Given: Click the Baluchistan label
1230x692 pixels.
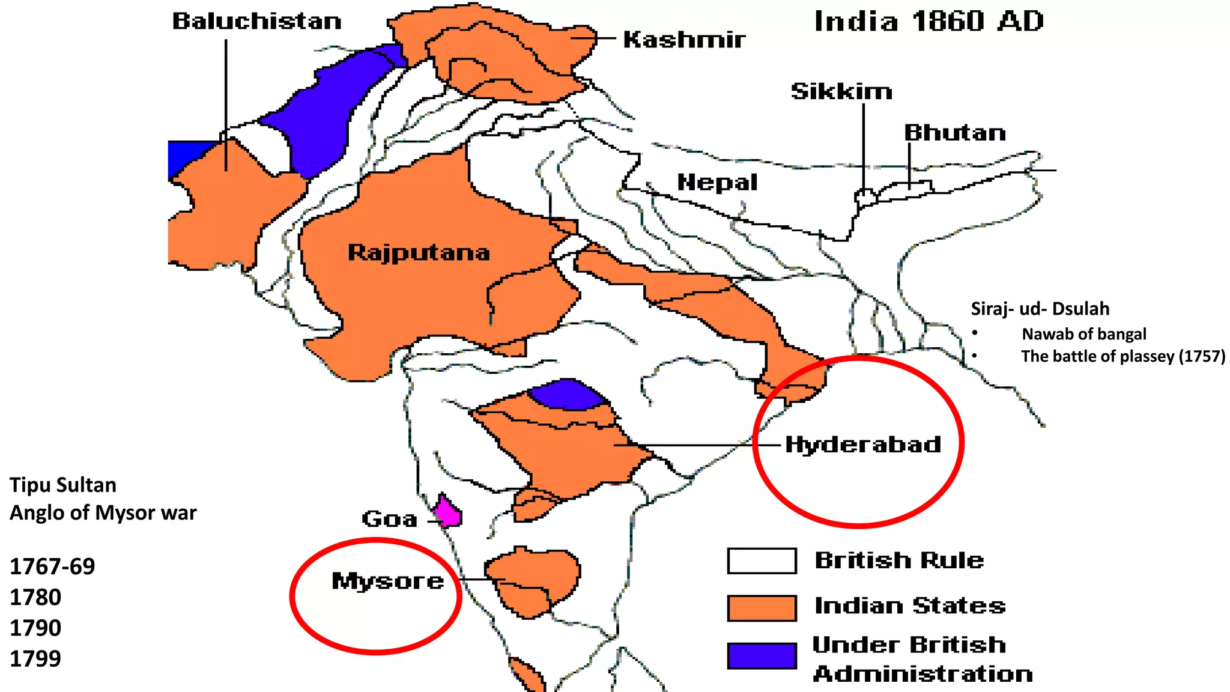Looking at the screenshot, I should (257, 22).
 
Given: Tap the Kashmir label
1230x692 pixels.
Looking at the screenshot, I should (684, 40).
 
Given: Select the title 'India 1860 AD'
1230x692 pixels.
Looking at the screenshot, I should (929, 22).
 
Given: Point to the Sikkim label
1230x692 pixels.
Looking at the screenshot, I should (841, 91).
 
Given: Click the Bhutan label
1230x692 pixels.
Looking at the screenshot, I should (955, 133).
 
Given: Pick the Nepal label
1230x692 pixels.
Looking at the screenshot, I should (717, 182).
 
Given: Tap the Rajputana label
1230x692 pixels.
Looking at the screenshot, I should (419, 252).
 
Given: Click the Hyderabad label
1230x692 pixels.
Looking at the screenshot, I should (863, 445).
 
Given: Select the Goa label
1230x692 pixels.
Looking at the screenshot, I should (389, 519).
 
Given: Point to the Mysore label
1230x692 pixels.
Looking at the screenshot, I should (387, 581).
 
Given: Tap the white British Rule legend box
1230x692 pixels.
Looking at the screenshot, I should (762, 561).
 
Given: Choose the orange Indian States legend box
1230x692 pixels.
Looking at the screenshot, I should (762, 607).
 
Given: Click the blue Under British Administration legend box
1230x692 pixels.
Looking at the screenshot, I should (762, 655).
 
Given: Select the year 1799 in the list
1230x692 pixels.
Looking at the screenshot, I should (35, 659).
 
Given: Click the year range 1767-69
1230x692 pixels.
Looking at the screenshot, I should (52, 566).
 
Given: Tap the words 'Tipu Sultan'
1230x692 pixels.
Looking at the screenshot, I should (63, 485).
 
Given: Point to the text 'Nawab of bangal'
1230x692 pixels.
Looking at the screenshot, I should (1083, 334).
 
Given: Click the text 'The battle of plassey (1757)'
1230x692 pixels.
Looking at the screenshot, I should (1122, 356).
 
